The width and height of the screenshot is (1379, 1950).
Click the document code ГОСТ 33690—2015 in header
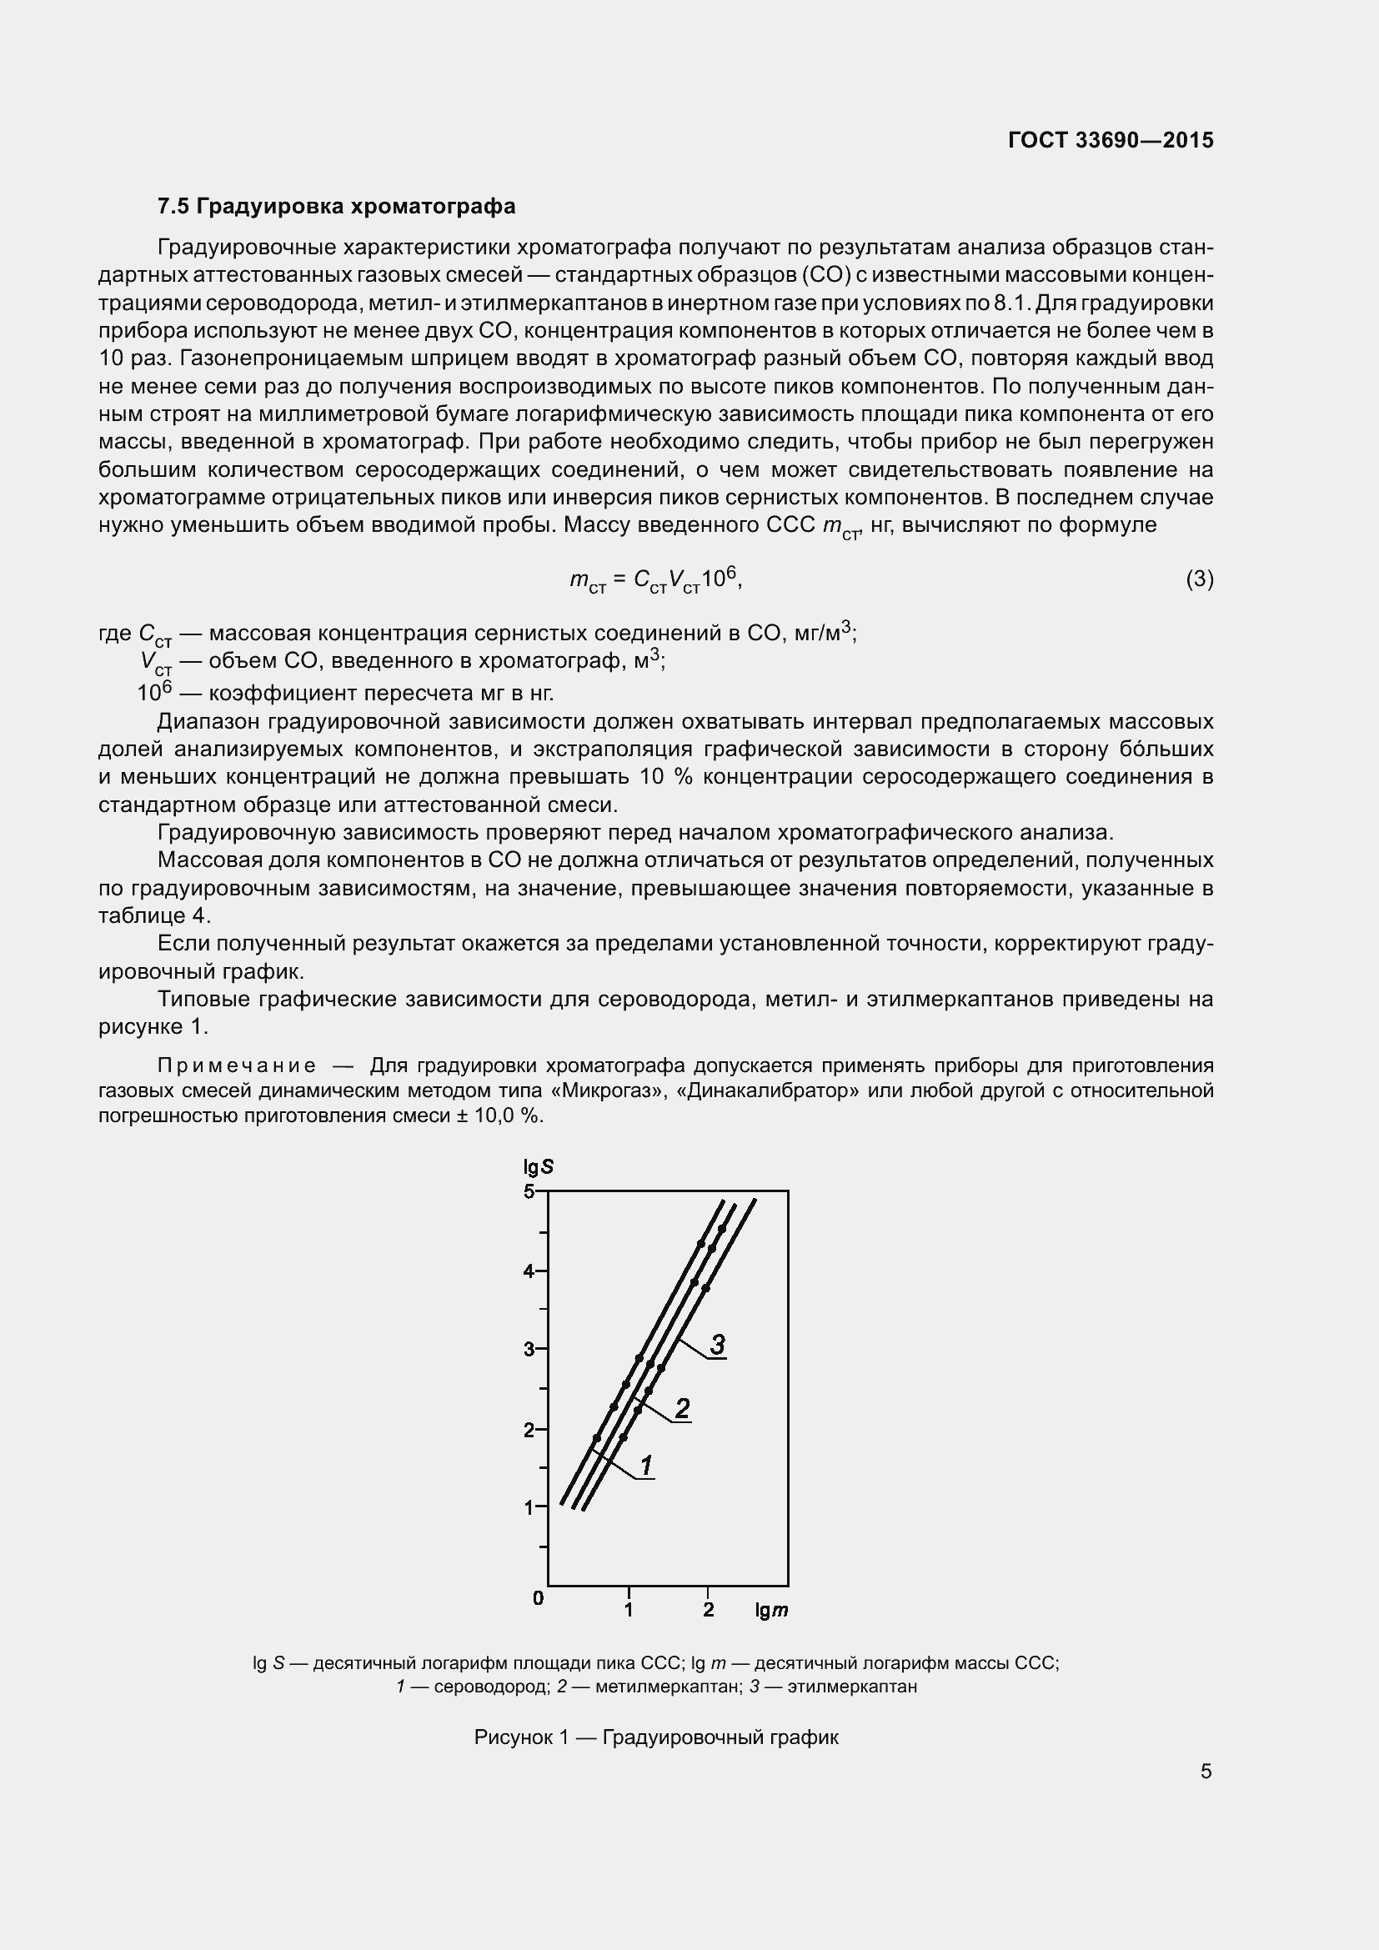pos(1110,140)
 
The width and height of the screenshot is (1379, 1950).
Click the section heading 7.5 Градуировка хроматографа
pos(336,207)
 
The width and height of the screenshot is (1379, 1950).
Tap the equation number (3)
pos(1199,579)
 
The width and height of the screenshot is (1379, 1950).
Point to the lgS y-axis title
pos(539,1167)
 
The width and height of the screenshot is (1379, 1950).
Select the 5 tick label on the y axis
pos(529,1191)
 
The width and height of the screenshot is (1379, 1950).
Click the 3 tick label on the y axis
pos(529,1349)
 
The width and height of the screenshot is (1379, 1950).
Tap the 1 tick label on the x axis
pos(629,1609)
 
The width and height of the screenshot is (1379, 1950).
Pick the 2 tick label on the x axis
pos(708,1609)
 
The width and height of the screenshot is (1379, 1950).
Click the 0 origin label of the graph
pos(538,1598)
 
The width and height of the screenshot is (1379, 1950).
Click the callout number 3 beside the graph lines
pos(718,1345)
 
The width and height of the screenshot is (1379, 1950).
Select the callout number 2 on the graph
pos(682,1409)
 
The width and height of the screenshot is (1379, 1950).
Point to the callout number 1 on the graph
pos(646,1466)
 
